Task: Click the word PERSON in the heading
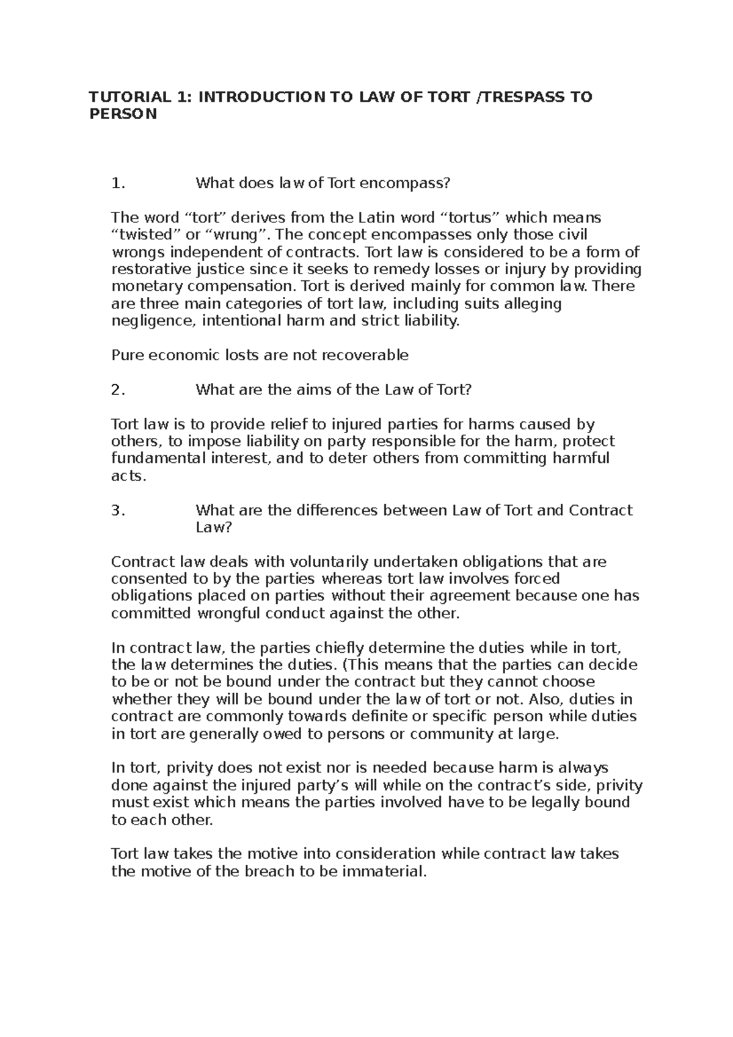point(123,114)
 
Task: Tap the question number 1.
point(118,183)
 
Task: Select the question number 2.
point(118,390)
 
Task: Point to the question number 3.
point(118,511)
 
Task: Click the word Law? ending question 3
point(213,527)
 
